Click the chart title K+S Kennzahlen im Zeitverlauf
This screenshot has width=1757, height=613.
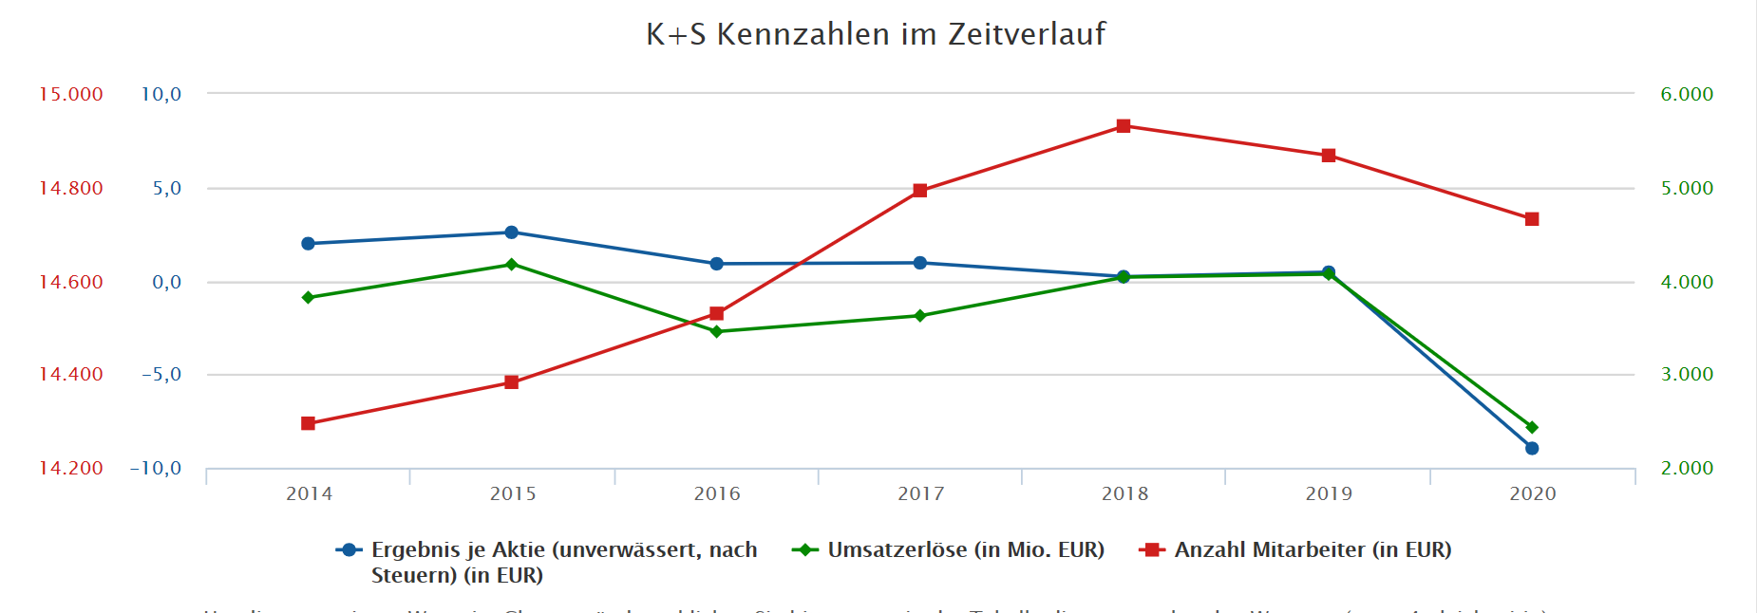click(876, 34)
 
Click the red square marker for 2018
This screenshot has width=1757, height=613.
click(1124, 126)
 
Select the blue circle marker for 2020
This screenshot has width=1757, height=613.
click(1532, 448)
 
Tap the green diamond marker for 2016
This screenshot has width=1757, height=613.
click(716, 332)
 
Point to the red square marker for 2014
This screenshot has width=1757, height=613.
click(308, 423)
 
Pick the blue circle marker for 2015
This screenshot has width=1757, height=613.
click(511, 232)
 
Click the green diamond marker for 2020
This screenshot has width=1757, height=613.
click(1532, 428)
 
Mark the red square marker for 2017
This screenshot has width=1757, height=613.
click(919, 191)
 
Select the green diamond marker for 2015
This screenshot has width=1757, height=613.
click(511, 265)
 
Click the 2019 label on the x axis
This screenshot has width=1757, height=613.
click(1328, 493)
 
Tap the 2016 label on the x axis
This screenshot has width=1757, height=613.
click(716, 493)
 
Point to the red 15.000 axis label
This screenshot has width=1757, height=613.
click(70, 94)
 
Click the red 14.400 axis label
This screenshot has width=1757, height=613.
click(70, 374)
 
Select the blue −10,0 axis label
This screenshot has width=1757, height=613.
click(156, 468)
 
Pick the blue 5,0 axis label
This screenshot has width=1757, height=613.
click(166, 188)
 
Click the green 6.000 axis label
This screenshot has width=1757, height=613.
click(1687, 94)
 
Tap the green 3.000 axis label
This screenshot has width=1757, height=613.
click(1687, 374)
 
